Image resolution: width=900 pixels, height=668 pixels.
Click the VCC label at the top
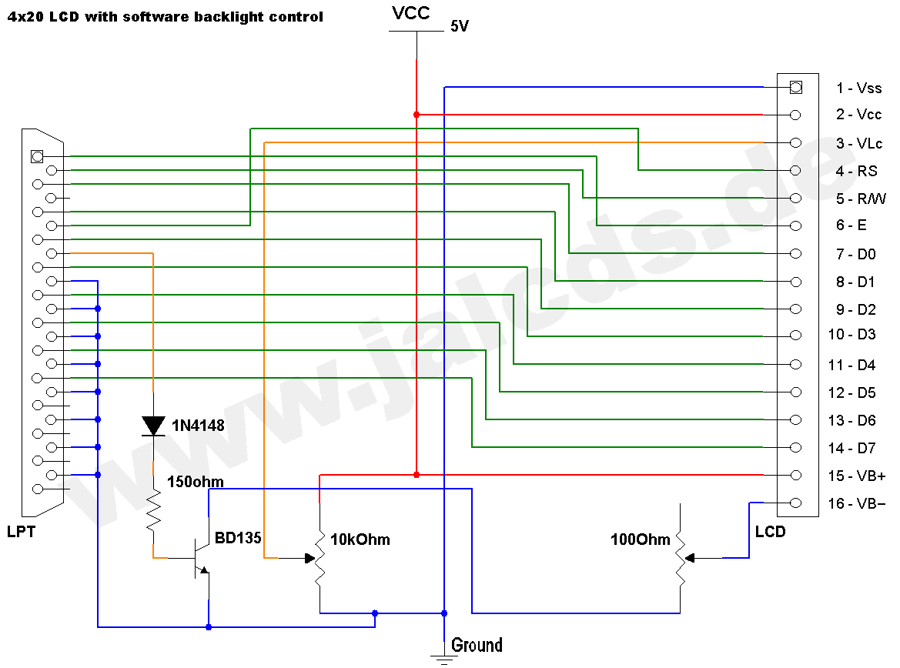[410, 12]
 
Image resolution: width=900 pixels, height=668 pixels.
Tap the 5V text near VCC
[460, 27]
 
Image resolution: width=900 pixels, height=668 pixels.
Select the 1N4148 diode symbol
[154, 426]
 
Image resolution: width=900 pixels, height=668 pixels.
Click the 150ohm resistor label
[196, 483]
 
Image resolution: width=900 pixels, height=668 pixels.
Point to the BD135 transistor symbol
[201, 558]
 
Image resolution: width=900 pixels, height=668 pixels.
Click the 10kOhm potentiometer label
[360, 539]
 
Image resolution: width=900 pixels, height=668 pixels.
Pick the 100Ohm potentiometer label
[641, 539]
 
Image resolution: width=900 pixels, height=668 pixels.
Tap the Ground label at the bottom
[477, 645]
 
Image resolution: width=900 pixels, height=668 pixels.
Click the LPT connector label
[21, 532]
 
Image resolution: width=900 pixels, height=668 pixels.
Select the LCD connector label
[770, 532]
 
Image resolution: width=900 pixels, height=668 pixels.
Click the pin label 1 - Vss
[859, 89]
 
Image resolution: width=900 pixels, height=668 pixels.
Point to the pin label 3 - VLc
[859, 144]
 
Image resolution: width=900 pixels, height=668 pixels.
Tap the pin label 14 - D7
[852, 448]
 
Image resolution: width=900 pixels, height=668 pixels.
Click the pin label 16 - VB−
[856, 504]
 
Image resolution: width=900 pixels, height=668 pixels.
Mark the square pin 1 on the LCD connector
[795, 87]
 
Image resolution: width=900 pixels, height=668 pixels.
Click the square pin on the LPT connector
[35, 156]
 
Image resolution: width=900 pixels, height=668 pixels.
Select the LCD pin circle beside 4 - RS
[795, 170]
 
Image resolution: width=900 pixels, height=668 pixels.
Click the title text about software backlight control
[165, 16]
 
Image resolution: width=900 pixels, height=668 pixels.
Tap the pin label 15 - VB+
[856, 476]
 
